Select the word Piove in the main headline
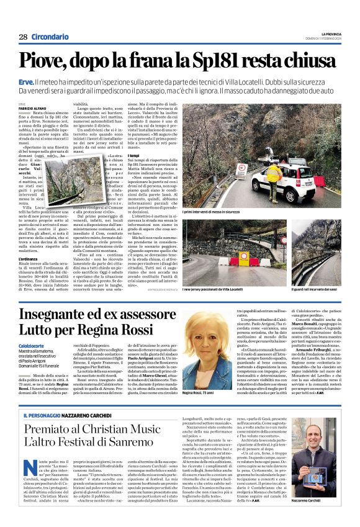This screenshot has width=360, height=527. (47, 61)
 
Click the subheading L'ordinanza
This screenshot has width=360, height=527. (29, 241)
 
